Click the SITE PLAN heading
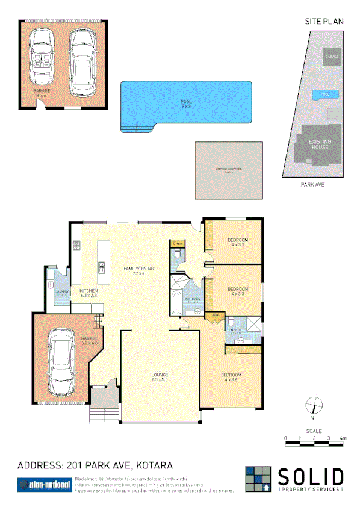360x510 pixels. [x=324, y=21]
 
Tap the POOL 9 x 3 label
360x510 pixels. [x=185, y=104]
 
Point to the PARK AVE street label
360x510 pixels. [x=312, y=185]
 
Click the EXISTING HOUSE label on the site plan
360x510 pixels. [x=319, y=145]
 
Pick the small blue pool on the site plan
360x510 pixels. [x=324, y=95]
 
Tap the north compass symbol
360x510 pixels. [x=312, y=406]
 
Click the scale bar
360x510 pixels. [x=314, y=444]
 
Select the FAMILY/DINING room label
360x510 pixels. [x=136, y=270]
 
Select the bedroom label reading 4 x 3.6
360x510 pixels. [x=232, y=377]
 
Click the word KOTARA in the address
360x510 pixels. [x=155, y=465]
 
